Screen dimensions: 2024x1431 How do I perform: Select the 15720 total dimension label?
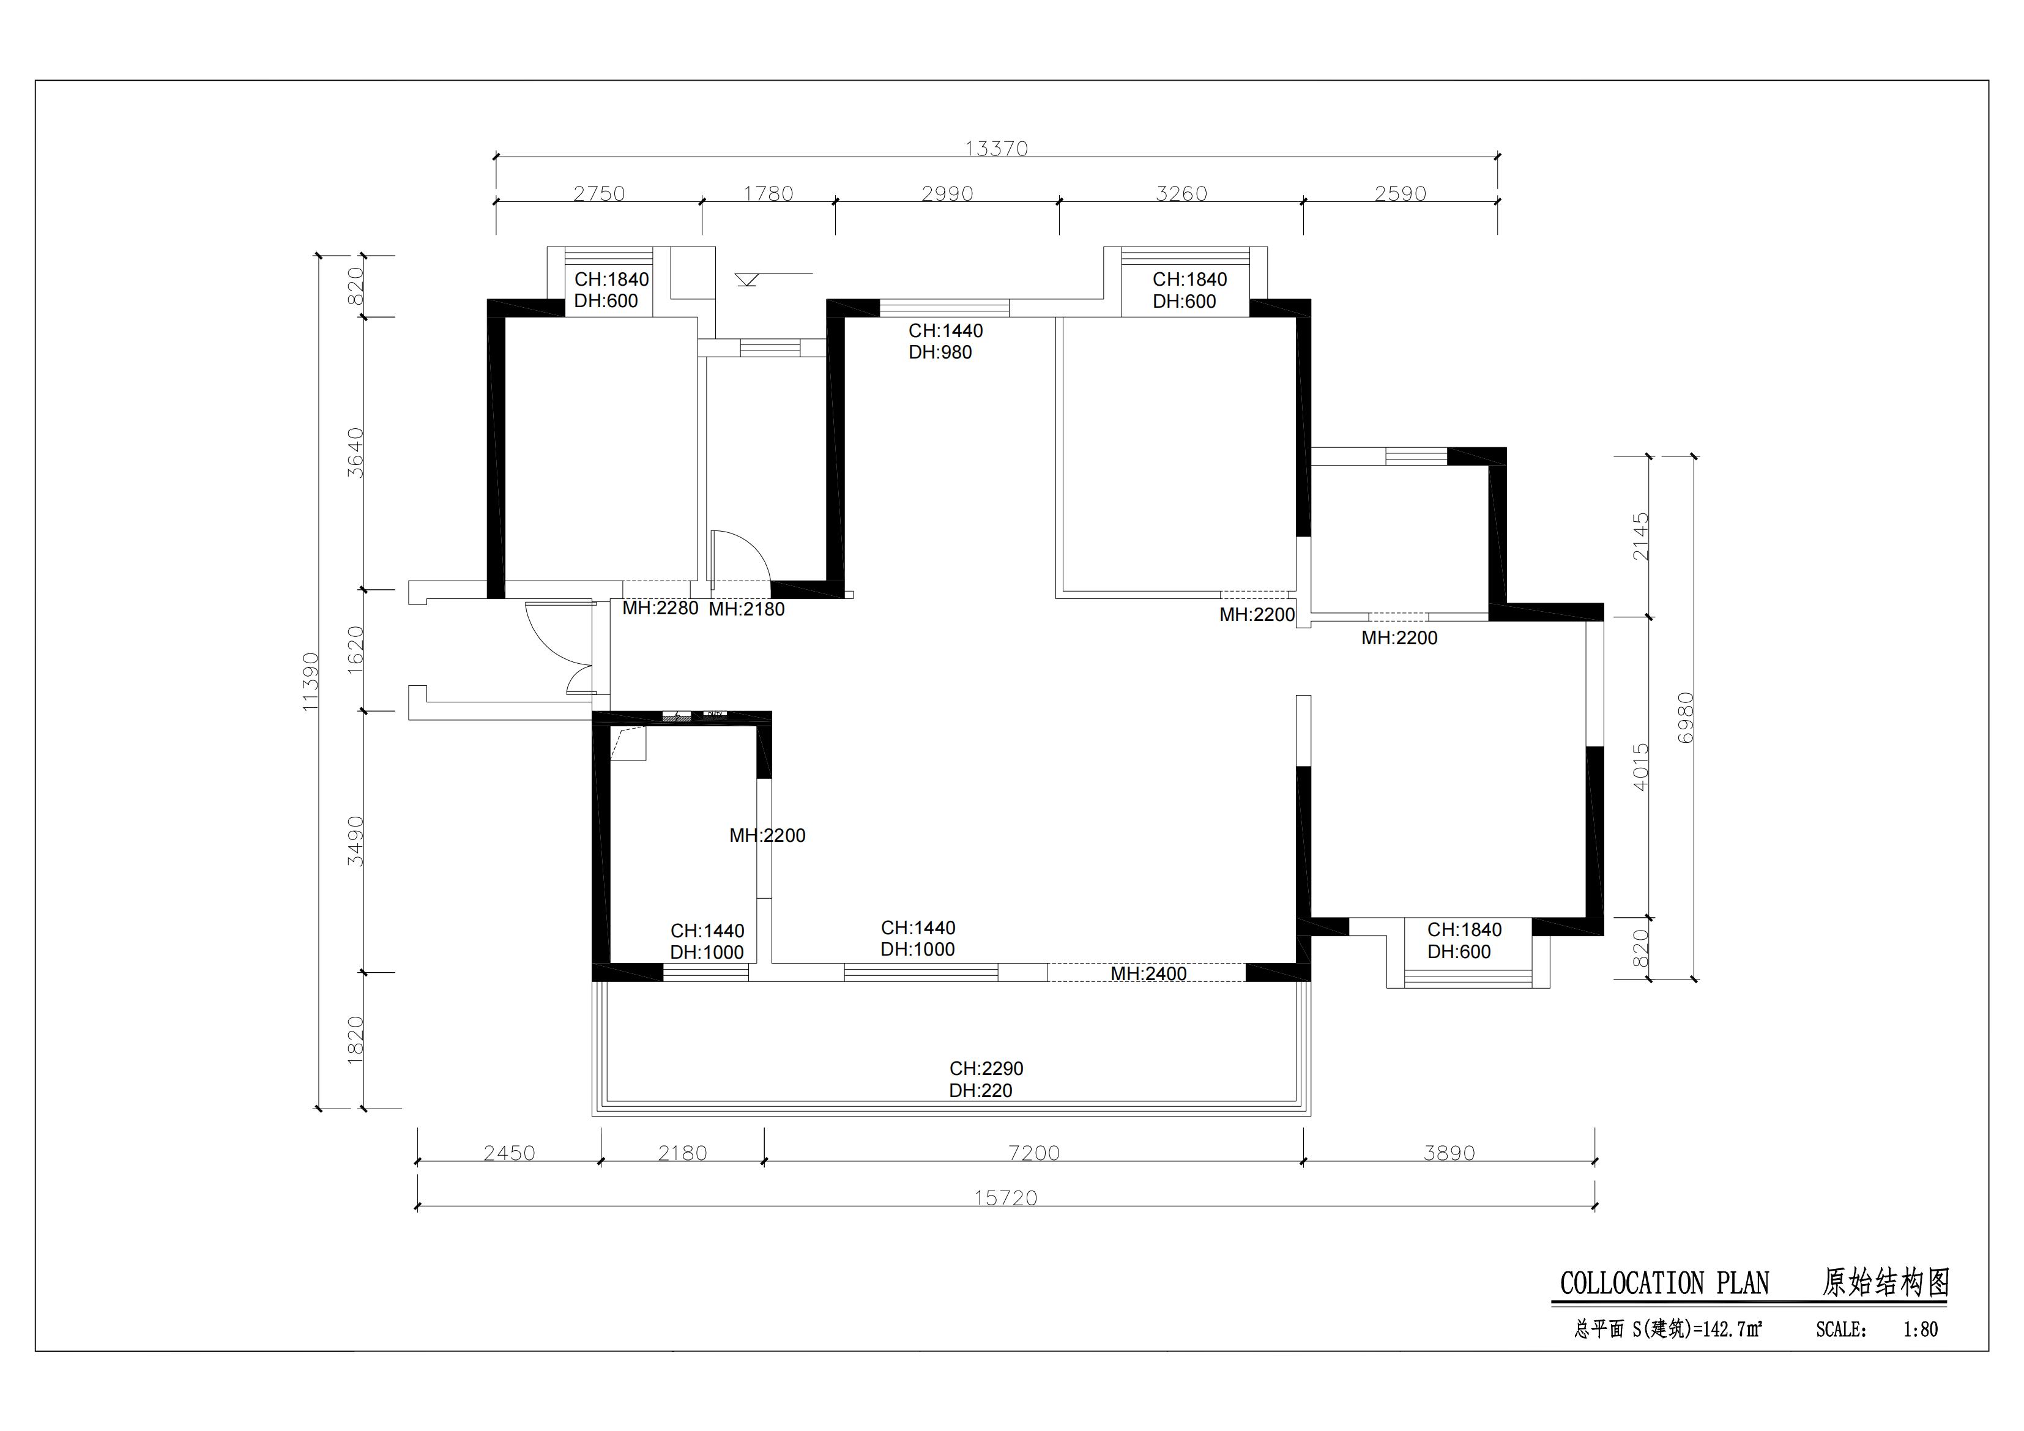click(x=1006, y=1197)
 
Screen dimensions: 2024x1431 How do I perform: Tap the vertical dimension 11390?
click(x=310, y=682)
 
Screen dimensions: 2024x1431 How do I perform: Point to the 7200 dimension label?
click(x=1033, y=1153)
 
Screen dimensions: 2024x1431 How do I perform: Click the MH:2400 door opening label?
click(x=1148, y=973)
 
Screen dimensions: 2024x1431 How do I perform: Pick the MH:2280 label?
click(x=660, y=608)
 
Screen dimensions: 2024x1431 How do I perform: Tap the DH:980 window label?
click(x=940, y=352)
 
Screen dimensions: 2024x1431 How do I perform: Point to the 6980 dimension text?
click(x=1686, y=717)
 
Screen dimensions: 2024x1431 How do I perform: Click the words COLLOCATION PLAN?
click(x=1664, y=1283)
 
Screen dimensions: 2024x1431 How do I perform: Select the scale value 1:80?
click(x=1920, y=1329)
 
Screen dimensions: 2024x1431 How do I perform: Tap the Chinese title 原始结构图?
click(x=1886, y=1282)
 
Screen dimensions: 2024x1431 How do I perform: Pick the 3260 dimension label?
click(x=1181, y=193)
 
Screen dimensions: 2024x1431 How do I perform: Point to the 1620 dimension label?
click(x=355, y=650)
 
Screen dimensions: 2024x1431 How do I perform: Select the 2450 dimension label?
click(x=510, y=1153)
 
